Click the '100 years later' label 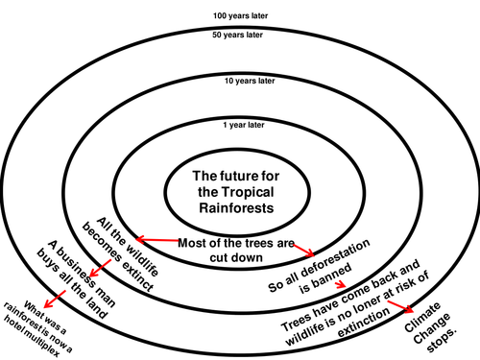point(240,15)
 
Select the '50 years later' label point(237,35)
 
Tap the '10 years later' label point(250,81)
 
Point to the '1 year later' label point(244,125)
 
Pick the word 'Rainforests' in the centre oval point(236,208)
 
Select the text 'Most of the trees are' point(236,243)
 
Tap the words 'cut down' point(236,257)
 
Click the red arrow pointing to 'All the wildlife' point(157,240)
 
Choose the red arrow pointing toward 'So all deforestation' point(303,250)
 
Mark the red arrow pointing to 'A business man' point(100,268)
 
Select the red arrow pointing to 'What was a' point(55,300)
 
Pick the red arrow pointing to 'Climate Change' point(400,306)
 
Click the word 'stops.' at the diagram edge point(442,340)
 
